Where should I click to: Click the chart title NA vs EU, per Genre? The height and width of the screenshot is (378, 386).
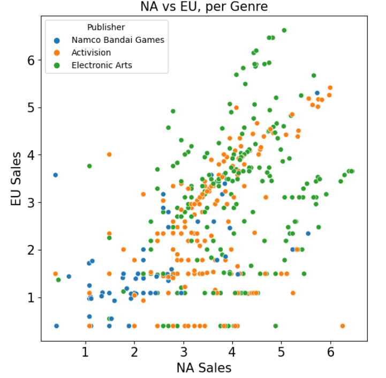204,7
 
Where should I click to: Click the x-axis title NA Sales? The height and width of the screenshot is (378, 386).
204,368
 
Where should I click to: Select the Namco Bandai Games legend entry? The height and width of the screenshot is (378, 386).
118,40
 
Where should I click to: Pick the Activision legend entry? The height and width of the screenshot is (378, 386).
91,53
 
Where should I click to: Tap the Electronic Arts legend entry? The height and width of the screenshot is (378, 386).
102,65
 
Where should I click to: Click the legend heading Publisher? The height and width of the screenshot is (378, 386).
106,27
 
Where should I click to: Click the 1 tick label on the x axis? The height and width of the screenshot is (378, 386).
85,353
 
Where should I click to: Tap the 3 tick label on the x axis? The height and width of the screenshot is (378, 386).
183,353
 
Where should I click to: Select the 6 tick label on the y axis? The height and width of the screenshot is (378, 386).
32,60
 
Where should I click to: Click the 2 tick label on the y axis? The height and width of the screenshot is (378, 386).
32,250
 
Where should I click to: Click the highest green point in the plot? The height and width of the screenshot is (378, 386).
284,31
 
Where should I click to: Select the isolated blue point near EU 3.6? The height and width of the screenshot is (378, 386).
55,175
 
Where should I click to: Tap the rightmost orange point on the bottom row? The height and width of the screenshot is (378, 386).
343,325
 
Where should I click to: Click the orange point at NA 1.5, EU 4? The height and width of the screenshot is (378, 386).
109,154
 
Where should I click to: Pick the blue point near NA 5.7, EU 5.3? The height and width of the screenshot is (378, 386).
317,93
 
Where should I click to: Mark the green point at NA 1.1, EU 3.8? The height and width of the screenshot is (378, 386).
89,166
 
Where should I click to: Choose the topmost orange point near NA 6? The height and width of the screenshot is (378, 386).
330,87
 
